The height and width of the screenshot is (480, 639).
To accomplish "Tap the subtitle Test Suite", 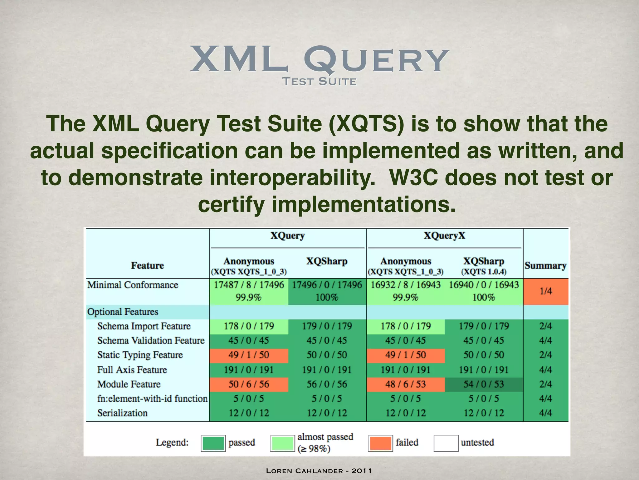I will (319, 82).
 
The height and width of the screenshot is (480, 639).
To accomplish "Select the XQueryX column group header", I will (444, 235).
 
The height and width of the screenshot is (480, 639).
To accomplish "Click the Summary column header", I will (545, 266).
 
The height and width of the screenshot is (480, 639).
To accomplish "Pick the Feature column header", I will (147, 266).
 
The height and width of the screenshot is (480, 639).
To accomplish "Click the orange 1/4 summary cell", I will (546, 291).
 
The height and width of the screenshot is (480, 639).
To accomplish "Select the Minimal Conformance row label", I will (133, 285).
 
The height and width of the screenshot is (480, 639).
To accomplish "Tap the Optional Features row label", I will (123, 312).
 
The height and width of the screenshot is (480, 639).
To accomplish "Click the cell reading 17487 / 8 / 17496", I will (249, 285).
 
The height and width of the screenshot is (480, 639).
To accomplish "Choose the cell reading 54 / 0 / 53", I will (483, 384).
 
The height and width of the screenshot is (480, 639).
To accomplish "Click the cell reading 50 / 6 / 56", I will (249, 384).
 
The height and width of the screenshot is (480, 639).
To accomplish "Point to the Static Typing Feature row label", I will (140, 355).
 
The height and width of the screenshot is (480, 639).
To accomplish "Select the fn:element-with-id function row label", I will (152, 399).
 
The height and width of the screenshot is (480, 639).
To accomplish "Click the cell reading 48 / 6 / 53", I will (405, 384).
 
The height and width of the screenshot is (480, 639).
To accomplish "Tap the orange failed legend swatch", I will (380, 443).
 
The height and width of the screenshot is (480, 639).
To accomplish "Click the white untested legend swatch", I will (446, 443).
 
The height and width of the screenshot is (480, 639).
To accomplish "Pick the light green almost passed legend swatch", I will (282, 443).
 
